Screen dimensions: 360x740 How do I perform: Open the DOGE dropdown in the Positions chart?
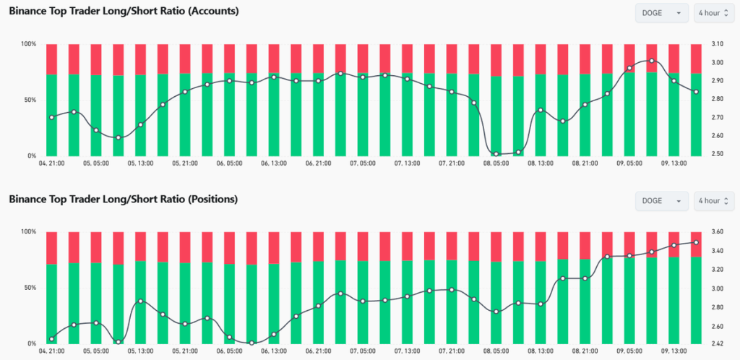pos(661,200)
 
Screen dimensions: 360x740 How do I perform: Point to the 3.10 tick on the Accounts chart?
pos(718,44)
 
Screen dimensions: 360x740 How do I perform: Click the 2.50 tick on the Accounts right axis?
pos(718,154)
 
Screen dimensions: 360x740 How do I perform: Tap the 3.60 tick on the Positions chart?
pos(718,232)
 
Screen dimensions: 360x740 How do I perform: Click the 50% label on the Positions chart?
pos(29,288)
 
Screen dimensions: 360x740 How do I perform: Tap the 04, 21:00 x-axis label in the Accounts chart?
pos(52,163)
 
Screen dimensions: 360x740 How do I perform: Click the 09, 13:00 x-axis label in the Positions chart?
pos(674,351)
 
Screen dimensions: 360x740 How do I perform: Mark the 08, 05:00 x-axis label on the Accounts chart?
pos(496,163)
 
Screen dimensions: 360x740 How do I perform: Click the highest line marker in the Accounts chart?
pos(652,61)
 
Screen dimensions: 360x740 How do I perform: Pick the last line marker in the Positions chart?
pos(696,242)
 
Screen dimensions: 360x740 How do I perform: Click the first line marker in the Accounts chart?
pos(52,117)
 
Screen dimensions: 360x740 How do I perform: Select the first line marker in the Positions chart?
pos(52,339)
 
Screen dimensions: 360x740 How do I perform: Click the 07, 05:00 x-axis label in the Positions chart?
pos(362,351)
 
